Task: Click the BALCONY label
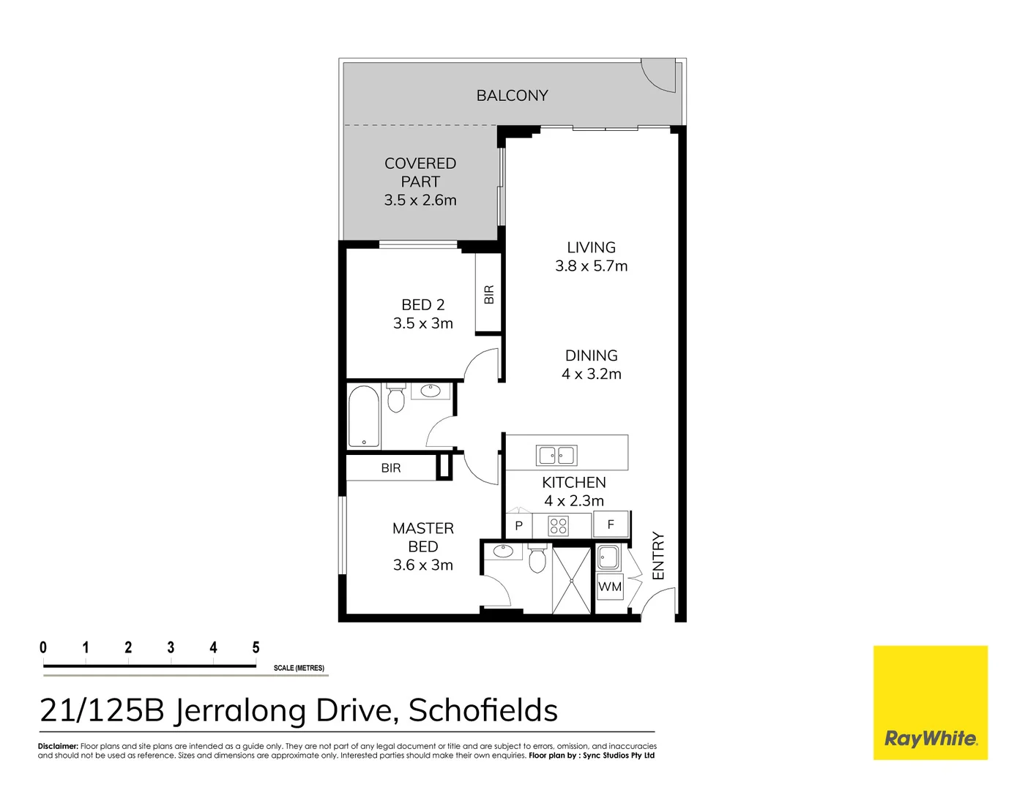512,95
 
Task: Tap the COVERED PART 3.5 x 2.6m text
420,181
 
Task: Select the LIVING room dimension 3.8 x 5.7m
591,266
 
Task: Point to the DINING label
591,355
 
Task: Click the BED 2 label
422,304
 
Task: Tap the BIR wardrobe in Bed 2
488,294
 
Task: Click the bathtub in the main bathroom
363,416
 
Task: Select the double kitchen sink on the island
557,455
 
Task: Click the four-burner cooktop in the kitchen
559,525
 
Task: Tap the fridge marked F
611,524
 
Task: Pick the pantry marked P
518,525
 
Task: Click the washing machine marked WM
610,587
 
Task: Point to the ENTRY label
658,556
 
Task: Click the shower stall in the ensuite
571,580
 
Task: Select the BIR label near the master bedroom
391,468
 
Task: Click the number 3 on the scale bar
171,647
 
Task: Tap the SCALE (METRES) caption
299,668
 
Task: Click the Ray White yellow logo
930,702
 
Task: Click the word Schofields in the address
483,710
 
